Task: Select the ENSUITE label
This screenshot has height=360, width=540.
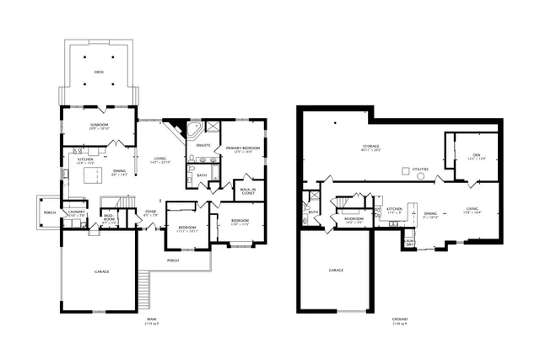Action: pos(203,145)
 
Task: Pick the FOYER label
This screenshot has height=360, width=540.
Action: pos(150,212)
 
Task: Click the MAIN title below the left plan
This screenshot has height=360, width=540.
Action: pos(152,320)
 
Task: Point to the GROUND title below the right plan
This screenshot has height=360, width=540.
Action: pos(400,320)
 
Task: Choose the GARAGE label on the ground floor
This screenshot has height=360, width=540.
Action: pos(336,270)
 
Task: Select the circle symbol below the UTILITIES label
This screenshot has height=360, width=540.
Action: pos(421,176)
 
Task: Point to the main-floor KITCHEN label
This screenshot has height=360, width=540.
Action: pos(86,160)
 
